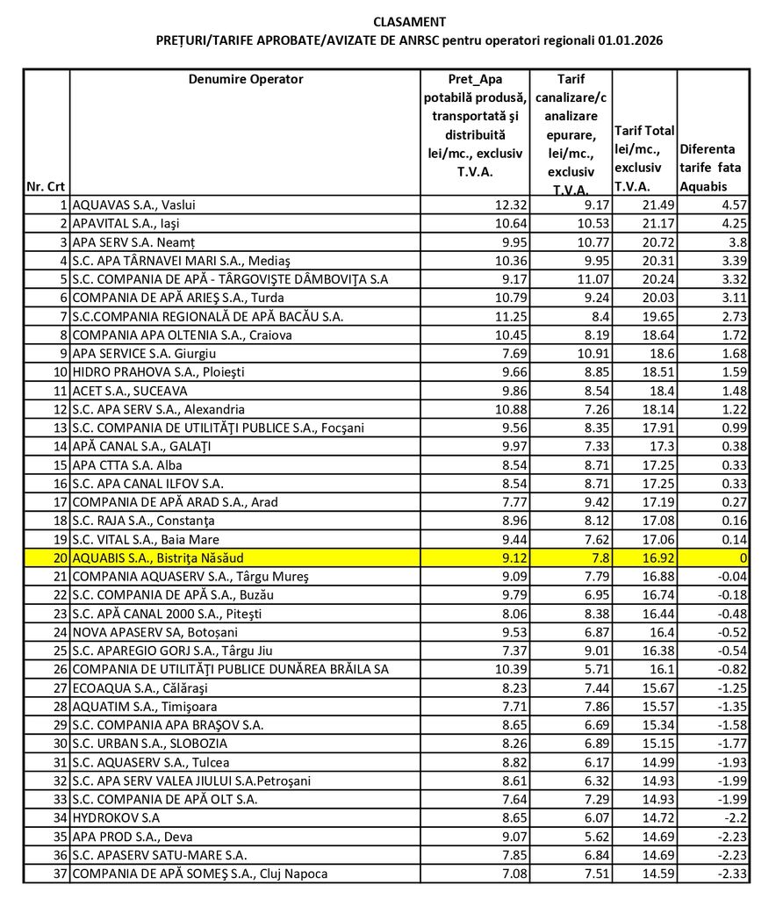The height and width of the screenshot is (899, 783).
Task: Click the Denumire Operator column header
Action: tap(246, 79)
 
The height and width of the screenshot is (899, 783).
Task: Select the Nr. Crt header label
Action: tap(47, 186)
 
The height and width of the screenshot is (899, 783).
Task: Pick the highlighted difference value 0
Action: tap(743, 557)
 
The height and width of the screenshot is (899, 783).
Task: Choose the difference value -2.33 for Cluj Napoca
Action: tap(731, 874)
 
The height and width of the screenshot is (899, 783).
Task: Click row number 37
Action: tap(60, 874)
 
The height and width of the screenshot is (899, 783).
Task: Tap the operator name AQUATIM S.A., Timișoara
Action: tap(145, 706)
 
